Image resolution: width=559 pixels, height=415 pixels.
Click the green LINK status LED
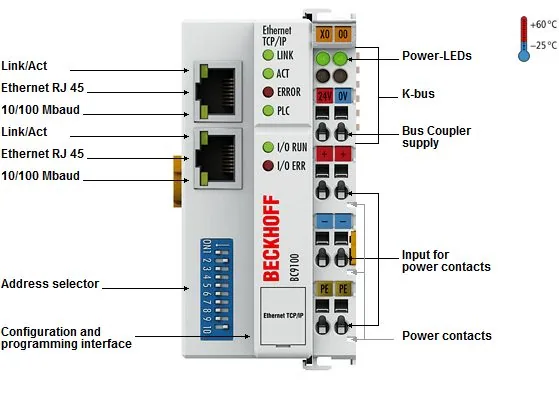click(x=268, y=55)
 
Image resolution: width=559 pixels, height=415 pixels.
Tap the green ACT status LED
click(x=268, y=73)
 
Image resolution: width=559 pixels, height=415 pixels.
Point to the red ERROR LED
click(x=268, y=92)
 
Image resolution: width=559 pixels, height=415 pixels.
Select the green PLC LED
click(x=268, y=111)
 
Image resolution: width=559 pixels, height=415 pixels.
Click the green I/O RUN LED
click(x=268, y=147)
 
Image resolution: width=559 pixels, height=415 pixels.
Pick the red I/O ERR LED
click(x=268, y=165)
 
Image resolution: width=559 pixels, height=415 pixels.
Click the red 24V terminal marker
click(x=324, y=96)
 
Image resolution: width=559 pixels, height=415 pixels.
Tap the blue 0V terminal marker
click(x=343, y=96)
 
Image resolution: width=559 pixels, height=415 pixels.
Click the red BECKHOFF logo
click(x=271, y=238)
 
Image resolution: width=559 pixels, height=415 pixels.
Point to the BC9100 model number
click(x=294, y=267)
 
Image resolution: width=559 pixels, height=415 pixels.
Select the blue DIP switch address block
click(x=216, y=289)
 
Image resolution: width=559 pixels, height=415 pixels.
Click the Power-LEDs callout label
click(x=437, y=56)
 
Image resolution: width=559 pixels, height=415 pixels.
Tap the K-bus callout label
click(x=418, y=94)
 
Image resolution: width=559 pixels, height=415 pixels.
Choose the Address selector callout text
click(x=50, y=284)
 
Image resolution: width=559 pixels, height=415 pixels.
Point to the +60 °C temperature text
click(x=543, y=25)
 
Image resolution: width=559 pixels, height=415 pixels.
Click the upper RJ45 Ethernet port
click(x=217, y=91)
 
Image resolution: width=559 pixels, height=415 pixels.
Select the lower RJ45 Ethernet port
click(x=217, y=158)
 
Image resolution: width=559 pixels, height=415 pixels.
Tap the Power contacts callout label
click(x=447, y=336)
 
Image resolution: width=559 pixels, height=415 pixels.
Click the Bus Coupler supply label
click(x=436, y=137)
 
